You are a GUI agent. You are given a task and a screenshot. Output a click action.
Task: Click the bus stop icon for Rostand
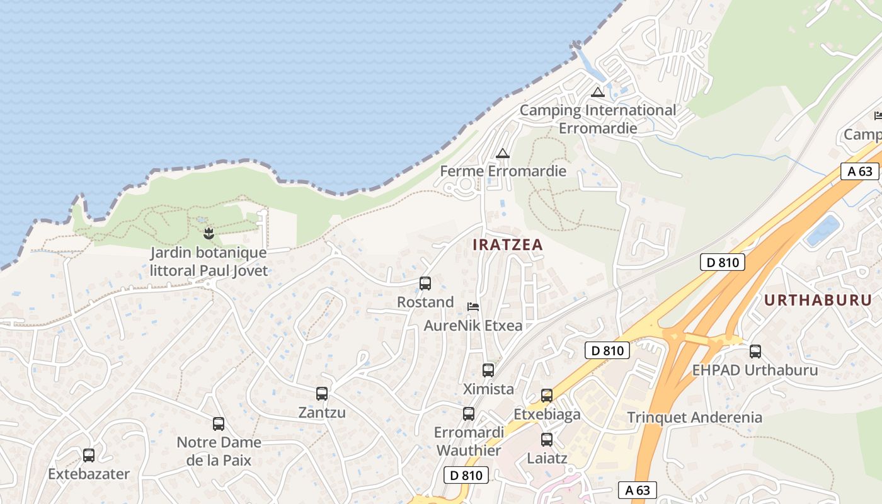coord(425,283)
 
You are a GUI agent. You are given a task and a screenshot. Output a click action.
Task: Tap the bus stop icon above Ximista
coord(488,370)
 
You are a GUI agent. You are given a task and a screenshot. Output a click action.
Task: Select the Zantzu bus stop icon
coord(322,394)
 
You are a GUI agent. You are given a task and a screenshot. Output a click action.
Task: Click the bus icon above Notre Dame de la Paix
coord(219,424)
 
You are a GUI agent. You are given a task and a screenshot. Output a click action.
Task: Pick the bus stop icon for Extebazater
coord(89,455)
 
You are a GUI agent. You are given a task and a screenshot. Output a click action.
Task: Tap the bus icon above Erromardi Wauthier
coord(469,414)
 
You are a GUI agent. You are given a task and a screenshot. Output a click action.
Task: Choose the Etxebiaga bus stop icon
coord(547,396)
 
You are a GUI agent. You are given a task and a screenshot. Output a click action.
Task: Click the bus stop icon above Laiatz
coord(547,440)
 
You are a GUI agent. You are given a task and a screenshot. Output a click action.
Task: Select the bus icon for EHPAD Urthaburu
coord(755,352)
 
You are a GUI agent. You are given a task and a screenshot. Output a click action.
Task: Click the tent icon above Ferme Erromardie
coord(502,153)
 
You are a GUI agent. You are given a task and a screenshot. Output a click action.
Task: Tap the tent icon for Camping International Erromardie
coord(598,92)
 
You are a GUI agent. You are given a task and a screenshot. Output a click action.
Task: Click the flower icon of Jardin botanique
coord(209,235)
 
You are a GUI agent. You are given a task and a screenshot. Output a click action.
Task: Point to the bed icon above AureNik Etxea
coord(473,307)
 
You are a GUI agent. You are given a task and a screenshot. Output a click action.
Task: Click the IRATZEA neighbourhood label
coord(508,245)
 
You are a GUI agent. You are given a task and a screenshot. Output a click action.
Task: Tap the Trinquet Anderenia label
coord(694,417)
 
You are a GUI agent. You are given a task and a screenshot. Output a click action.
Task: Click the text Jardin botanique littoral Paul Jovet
coord(209,262)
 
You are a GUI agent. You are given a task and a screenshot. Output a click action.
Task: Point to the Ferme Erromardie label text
coord(503,171)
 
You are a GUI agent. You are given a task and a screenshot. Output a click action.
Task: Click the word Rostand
coord(425,302)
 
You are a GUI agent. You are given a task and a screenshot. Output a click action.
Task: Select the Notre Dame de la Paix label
coord(219,451)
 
